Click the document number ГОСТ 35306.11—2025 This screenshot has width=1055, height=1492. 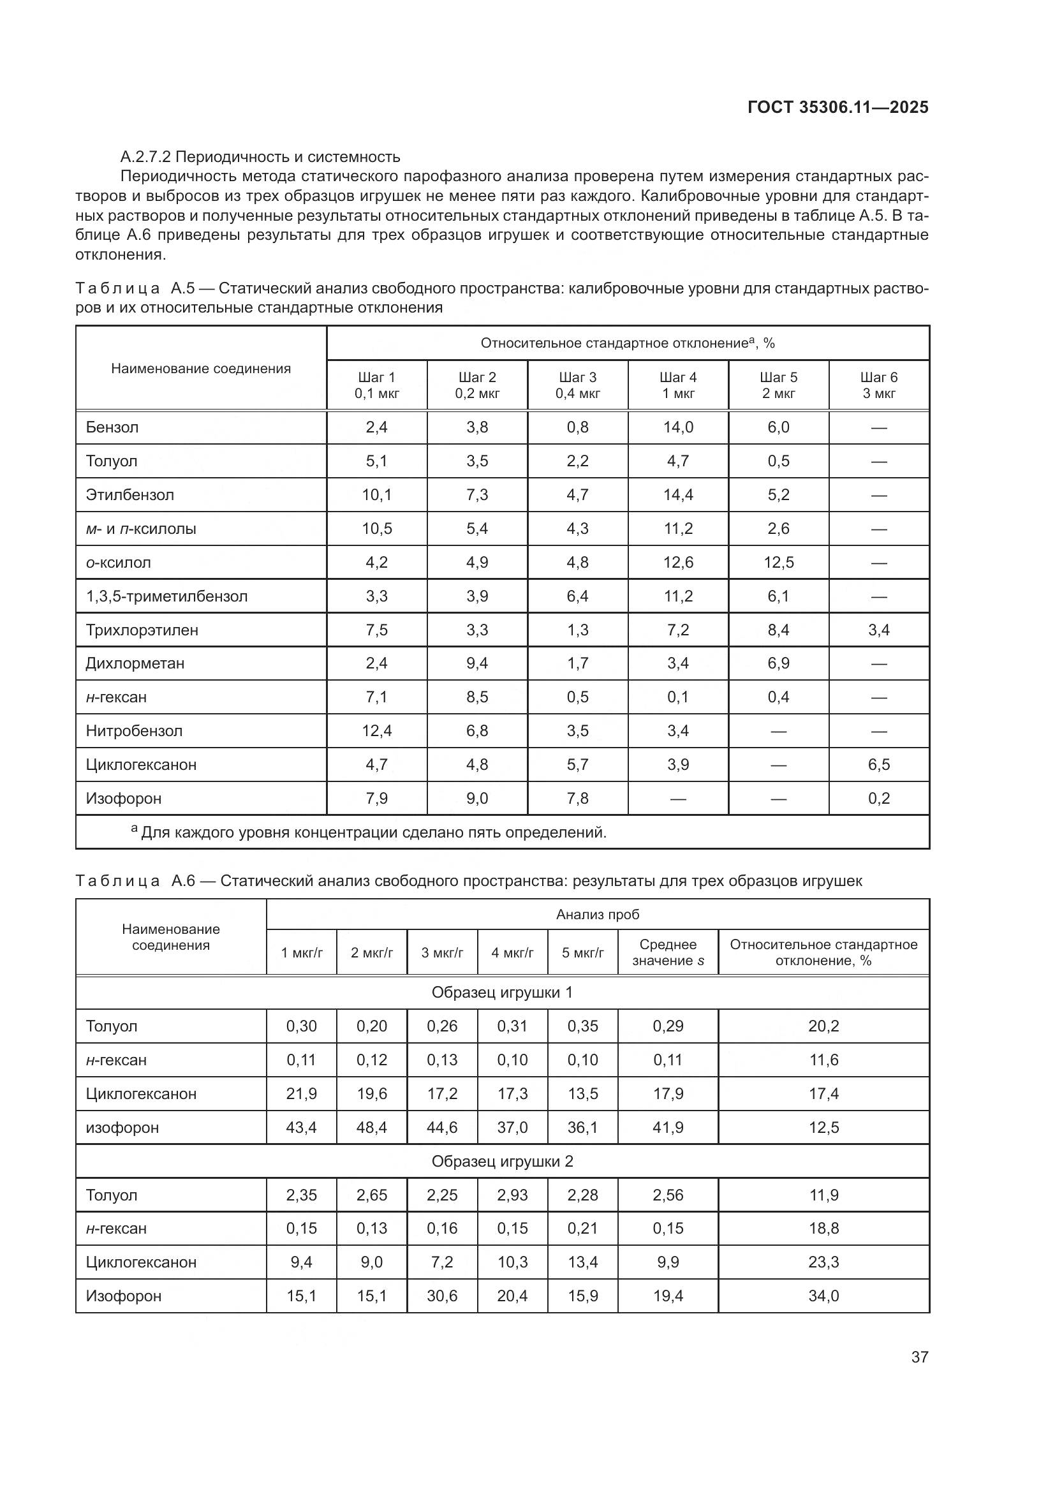tap(837, 107)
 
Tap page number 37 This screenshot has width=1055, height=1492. tap(919, 1357)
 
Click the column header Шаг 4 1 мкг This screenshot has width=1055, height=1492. tap(677, 385)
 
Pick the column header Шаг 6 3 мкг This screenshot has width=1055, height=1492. tap(878, 385)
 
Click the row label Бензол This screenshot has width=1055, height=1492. tap(112, 427)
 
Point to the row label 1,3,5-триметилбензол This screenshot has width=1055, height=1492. tap(166, 596)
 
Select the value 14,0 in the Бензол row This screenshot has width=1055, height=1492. tap(677, 427)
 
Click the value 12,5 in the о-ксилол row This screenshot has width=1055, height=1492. tap(778, 563)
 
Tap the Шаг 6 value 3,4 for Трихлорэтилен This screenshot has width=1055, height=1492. tap(878, 630)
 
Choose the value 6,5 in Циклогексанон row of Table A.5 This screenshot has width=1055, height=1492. tap(878, 765)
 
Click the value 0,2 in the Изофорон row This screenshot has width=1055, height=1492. tap(878, 799)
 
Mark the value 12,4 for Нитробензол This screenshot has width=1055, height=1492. tap(377, 731)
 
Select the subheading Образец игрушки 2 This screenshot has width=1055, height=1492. tap(502, 1161)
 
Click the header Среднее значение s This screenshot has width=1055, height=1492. tap(667, 952)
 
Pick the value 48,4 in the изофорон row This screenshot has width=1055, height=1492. tap(372, 1127)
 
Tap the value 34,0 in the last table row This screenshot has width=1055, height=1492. tap(823, 1296)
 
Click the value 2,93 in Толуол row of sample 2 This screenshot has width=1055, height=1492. tap(512, 1195)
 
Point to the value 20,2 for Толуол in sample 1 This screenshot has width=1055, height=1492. tap(823, 1026)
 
